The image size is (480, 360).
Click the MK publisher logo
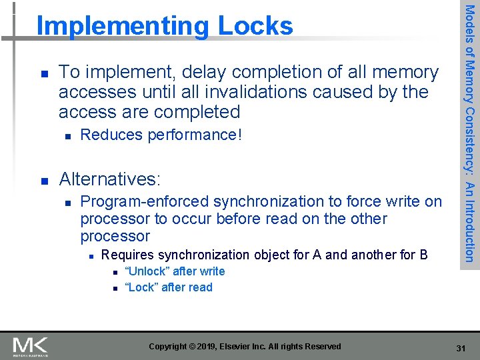pyautogui.click(x=30, y=346)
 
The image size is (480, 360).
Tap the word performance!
pyautogui.click(x=195, y=135)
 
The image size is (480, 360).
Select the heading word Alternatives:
pyautogui.click(x=109, y=179)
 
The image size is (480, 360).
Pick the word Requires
pyautogui.click(x=127, y=255)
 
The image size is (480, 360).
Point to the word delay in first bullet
pyautogui.click(x=198, y=72)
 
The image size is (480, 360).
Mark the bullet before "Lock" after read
pyautogui.click(x=114, y=288)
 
